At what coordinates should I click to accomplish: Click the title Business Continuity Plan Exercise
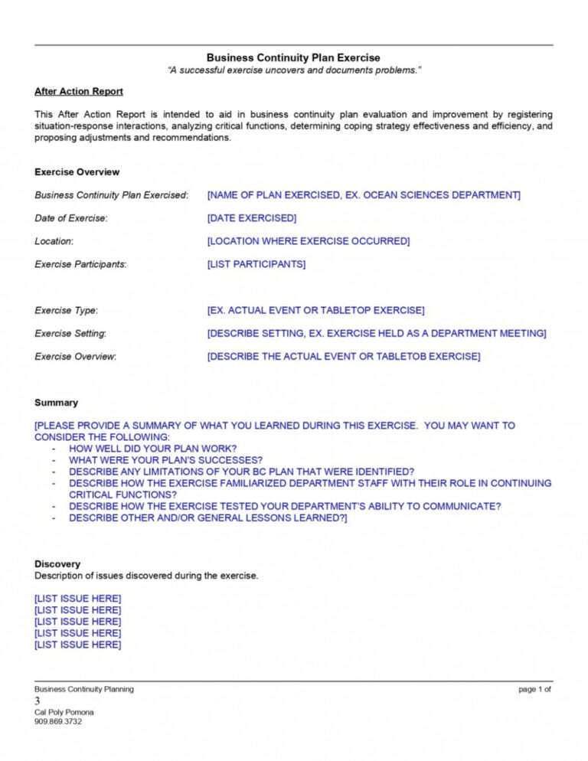tap(293, 57)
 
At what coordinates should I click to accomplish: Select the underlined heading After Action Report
tap(79, 92)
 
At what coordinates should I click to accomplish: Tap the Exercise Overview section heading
tap(77, 172)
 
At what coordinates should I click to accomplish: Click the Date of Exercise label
tap(71, 218)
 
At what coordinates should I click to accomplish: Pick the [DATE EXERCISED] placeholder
tap(251, 218)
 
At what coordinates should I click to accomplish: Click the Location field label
tap(54, 241)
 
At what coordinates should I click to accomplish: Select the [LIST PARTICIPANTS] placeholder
tap(256, 264)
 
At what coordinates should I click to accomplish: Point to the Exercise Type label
tap(66, 310)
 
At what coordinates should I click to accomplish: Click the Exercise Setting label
tap(70, 333)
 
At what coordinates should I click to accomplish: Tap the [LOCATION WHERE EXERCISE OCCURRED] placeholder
tap(308, 241)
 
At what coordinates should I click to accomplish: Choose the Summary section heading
tap(56, 403)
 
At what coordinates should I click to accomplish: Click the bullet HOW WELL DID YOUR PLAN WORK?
tap(152, 449)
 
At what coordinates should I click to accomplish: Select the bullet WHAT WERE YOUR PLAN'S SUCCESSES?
tap(166, 460)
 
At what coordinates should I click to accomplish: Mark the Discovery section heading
tap(57, 564)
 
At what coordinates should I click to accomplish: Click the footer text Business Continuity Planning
tap(84, 689)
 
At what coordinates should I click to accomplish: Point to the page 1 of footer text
tap(534, 689)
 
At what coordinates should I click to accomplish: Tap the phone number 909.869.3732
tap(58, 721)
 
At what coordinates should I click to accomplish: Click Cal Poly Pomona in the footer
tap(64, 712)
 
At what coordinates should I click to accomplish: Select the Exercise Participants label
tap(80, 264)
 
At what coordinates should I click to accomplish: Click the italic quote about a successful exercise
tap(294, 70)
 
